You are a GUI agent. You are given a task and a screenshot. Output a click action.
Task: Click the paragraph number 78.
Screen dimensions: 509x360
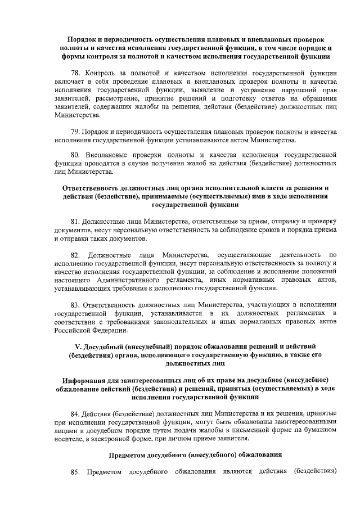click(76, 73)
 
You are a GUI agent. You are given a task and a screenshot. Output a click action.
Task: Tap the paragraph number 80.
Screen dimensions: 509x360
click(76, 154)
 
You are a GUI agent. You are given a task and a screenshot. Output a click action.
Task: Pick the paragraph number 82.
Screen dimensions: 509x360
click(76, 254)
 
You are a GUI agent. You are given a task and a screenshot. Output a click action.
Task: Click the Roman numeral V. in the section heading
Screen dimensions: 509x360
click(79, 345)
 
